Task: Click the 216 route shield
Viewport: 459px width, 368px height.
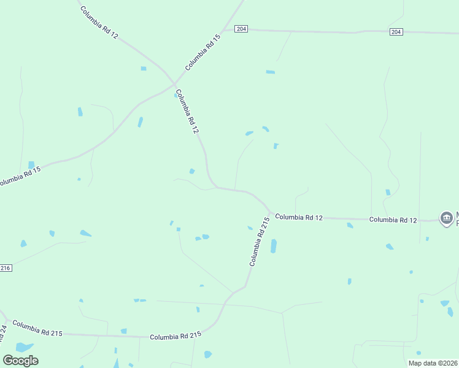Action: point(6,268)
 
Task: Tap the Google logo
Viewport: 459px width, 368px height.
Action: point(20,360)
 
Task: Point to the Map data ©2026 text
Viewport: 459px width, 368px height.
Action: point(433,363)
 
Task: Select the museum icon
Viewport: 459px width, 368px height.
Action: point(446,218)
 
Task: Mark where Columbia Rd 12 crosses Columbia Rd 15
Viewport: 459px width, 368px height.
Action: point(174,83)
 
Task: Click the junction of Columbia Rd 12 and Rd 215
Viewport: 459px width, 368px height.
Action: point(270,212)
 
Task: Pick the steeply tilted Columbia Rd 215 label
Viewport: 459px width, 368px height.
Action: point(260,241)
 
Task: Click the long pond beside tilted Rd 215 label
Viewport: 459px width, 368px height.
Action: point(274,246)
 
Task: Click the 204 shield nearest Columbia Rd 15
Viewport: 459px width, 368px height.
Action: point(241,29)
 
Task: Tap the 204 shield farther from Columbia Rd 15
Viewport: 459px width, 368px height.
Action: point(396,32)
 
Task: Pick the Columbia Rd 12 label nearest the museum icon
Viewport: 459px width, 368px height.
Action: point(393,220)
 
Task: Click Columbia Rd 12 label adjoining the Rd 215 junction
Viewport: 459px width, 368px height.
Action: point(298,217)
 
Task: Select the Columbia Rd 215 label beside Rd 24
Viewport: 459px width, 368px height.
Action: point(37,328)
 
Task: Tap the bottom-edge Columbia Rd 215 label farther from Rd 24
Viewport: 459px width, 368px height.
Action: point(175,336)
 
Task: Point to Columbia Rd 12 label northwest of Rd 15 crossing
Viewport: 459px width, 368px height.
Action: point(98,23)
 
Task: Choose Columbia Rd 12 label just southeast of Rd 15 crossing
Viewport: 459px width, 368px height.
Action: point(187,112)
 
